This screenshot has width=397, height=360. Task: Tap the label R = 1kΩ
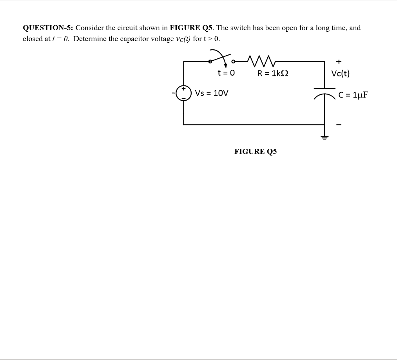pyautogui.click(x=273, y=73)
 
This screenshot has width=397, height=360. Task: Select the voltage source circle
pyautogui.click(x=183, y=93)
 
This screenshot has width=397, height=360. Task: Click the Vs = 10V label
pyautogui.click(x=212, y=93)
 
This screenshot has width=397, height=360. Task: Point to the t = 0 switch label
pyautogui.click(x=226, y=73)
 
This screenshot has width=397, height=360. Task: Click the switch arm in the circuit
pyautogui.click(x=220, y=56)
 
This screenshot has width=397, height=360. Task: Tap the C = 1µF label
pyautogui.click(x=353, y=95)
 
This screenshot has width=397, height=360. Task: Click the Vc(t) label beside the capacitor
pyautogui.click(x=340, y=73)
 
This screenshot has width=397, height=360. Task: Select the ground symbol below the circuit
pyautogui.click(x=324, y=137)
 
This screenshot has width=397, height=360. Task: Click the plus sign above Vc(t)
pyautogui.click(x=339, y=61)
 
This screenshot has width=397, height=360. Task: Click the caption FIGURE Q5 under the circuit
pyautogui.click(x=256, y=152)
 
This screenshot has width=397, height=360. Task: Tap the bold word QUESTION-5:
pyautogui.click(x=48, y=28)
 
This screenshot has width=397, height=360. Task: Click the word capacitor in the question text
pyautogui.click(x=136, y=39)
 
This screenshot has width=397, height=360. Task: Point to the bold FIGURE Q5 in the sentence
pyautogui.click(x=191, y=28)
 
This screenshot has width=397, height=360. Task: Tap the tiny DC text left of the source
pyautogui.click(x=173, y=93)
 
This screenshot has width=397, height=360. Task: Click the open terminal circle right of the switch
pyautogui.click(x=234, y=62)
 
